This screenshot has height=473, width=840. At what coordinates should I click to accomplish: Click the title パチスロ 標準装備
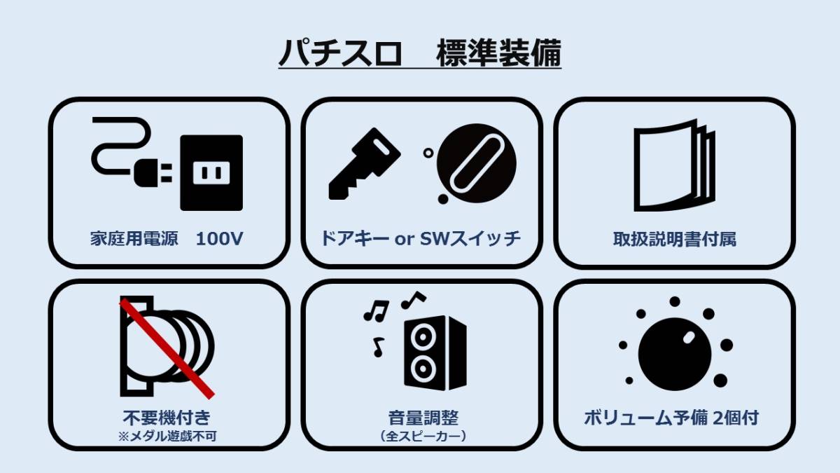coord(420,54)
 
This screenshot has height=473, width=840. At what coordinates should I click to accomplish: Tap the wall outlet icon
coord(211,172)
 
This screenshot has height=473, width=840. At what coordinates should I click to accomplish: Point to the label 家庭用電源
coord(132,239)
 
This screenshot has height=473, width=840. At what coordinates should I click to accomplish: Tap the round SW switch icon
coord(475,163)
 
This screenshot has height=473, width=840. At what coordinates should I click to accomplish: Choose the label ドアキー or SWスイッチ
coord(421,238)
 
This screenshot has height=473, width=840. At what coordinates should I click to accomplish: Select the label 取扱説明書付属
coord(674,239)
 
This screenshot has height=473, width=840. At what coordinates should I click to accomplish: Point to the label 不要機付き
coord(167,418)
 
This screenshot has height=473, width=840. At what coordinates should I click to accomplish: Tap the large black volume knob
coord(674,354)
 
